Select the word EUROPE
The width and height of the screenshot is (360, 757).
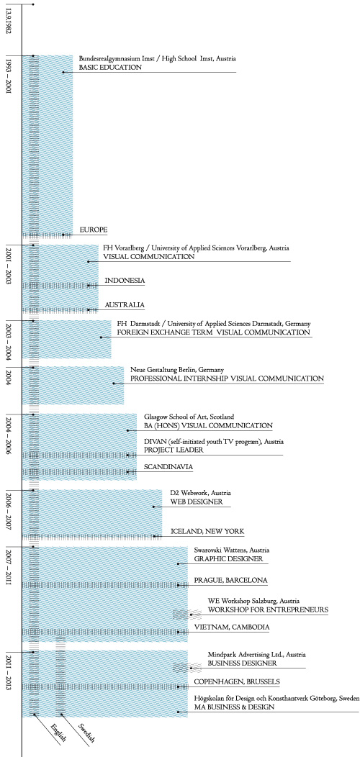tap(94, 230)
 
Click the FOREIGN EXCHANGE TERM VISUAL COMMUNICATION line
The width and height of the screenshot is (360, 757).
tap(214, 332)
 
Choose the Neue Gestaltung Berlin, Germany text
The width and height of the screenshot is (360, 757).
tap(177, 370)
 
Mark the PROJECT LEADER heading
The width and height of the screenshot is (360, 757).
tap(174, 450)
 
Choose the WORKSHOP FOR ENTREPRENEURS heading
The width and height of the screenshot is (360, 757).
tap(268, 609)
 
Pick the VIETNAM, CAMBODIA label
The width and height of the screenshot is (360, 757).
tap(231, 627)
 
